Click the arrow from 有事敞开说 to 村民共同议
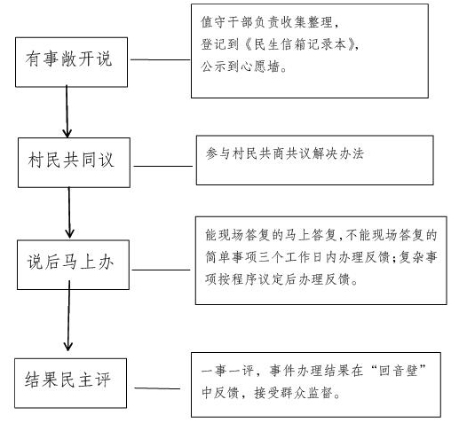point(67,112)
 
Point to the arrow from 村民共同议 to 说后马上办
point(69,213)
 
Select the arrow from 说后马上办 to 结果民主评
point(68,316)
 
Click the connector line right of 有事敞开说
point(160,59)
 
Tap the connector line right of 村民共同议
point(163,166)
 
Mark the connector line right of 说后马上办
point(161,270)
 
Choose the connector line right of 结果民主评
point(157,388)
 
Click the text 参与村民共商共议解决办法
point(285,153)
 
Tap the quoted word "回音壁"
point(399,370)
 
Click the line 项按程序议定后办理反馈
point(281,278)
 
